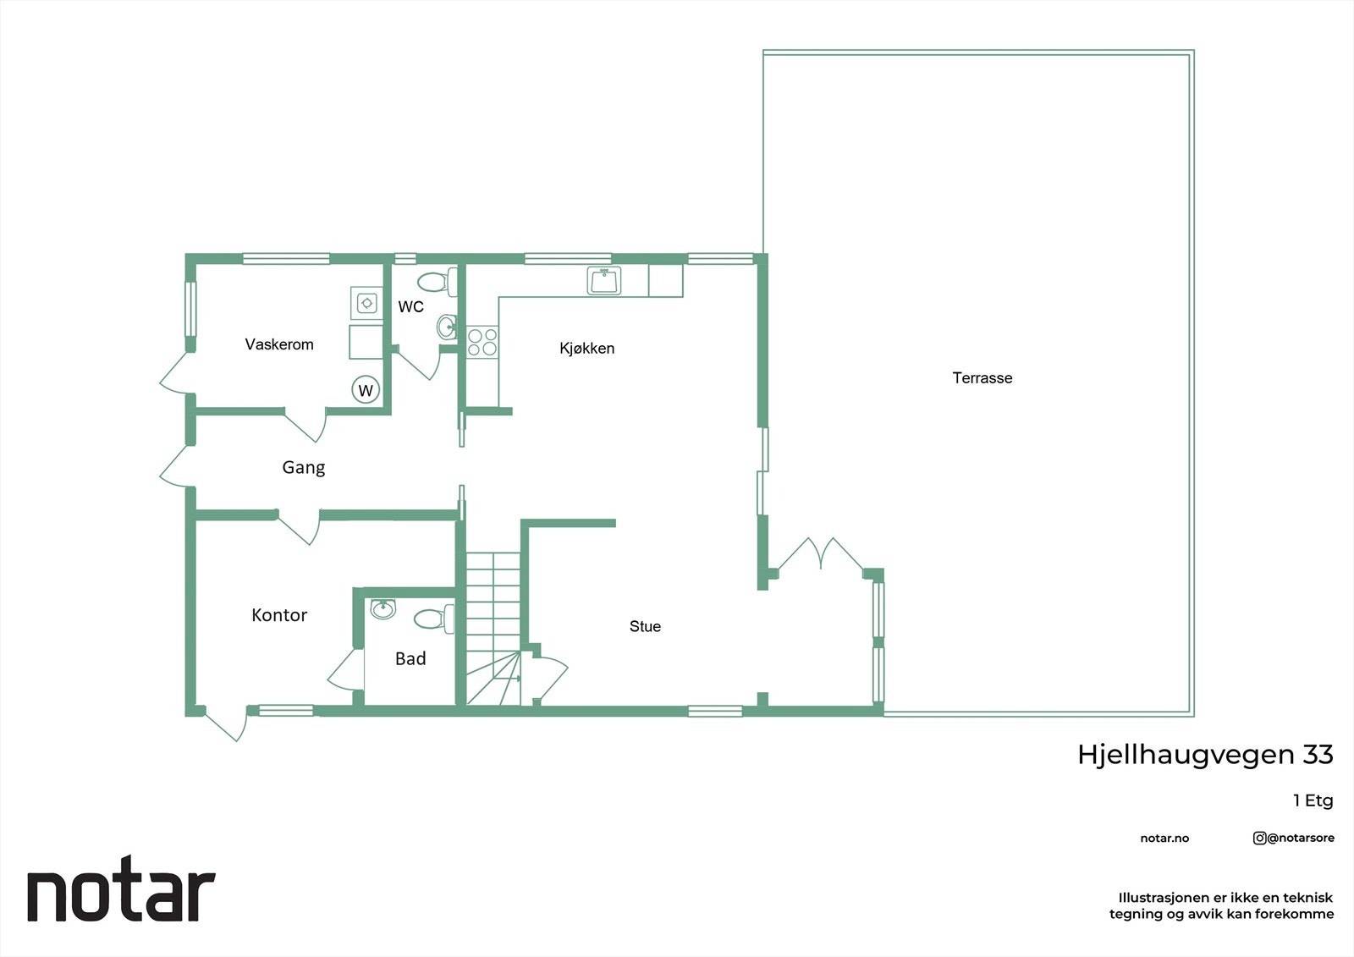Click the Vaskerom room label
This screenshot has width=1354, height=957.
[x=279, y=344]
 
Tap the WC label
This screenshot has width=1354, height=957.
[x=411, y=306]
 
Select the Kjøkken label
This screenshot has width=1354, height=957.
[x=586, y=348]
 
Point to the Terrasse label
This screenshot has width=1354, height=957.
[x=982, y=378]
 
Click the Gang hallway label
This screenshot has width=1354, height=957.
[x=303, y=467]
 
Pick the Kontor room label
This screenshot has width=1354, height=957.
[x=279, y=615]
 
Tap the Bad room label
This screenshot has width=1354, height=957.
[x=410, y=658]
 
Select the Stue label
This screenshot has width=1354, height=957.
[x=645, y=626]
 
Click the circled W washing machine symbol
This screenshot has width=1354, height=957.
[x=366, y=390]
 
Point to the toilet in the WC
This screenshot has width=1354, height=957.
[x=438, y=281]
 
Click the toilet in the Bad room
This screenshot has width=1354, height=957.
[x=435, y=619]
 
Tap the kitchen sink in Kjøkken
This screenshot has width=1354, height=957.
[x=604, y=280]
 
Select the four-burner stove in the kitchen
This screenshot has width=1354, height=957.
[x=482, y=342]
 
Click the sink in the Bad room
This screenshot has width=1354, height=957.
[x=383, y=608]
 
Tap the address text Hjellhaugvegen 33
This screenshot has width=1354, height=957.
[x=1204, y=754]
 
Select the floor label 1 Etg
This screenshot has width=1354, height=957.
[x=1313, y=800]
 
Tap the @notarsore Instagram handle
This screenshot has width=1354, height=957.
[x=1294, y=838]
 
